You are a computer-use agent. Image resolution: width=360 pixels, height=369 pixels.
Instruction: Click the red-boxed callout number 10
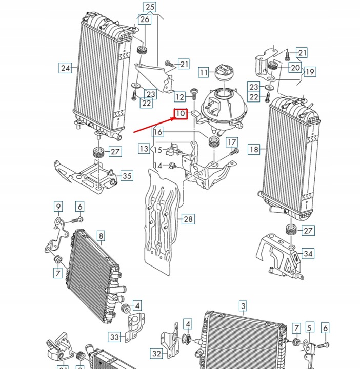181,113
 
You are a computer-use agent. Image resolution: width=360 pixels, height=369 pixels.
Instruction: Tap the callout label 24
65,68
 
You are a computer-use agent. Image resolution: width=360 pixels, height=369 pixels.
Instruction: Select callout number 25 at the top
150,7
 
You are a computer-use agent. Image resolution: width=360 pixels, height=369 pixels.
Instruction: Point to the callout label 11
205,72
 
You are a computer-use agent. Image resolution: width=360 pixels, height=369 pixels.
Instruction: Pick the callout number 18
254,149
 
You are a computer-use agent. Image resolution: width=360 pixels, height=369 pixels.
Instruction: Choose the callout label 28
188,219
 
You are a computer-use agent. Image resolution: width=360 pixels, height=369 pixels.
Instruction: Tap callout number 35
127,176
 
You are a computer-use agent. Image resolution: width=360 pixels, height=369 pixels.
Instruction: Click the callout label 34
308,253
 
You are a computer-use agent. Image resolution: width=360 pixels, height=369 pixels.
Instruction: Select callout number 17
232,142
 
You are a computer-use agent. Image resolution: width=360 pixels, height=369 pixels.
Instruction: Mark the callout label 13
144,149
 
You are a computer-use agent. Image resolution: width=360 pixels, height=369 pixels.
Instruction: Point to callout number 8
101,236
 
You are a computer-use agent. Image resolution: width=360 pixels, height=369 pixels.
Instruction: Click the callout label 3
243,306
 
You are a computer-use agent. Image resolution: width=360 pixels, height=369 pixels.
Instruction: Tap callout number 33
114,337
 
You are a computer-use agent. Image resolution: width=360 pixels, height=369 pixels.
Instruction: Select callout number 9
58,207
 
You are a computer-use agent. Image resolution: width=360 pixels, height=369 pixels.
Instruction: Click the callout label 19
310,72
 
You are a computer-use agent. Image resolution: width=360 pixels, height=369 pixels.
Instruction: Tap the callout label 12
179,96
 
